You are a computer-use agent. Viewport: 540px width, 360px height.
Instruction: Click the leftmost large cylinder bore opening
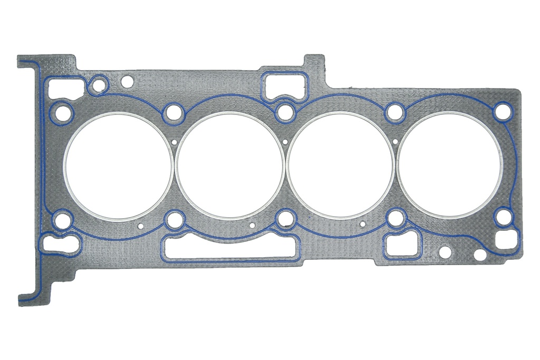click(x=118, y=166)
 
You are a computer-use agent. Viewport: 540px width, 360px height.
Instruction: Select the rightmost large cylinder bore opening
click(x=450, y=166)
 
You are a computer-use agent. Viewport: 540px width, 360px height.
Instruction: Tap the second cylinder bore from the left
click(x=230, y=166)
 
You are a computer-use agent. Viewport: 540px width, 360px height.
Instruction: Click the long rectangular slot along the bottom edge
click(x=230, y=248)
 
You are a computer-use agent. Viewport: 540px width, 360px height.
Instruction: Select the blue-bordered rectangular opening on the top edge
click(x=284, y=84)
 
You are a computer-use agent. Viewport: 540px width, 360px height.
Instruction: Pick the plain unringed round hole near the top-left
click(x=127, y=82)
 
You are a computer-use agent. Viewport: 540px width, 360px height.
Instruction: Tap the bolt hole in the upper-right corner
click(x=502, y=112)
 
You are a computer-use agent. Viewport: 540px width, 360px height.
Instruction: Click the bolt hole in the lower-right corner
click(x=503, y=217)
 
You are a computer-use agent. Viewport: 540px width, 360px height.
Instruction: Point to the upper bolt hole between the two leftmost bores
click(x=173, y=112)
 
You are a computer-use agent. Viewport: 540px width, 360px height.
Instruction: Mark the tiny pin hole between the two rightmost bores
click(x=396, y=141)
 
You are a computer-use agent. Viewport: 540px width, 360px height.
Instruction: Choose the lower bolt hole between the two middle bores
click(x=285, y=217)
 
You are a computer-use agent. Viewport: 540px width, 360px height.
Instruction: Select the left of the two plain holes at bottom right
click(x=445, y=252)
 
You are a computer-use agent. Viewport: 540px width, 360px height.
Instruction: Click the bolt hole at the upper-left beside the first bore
click(x=63, y=112)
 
